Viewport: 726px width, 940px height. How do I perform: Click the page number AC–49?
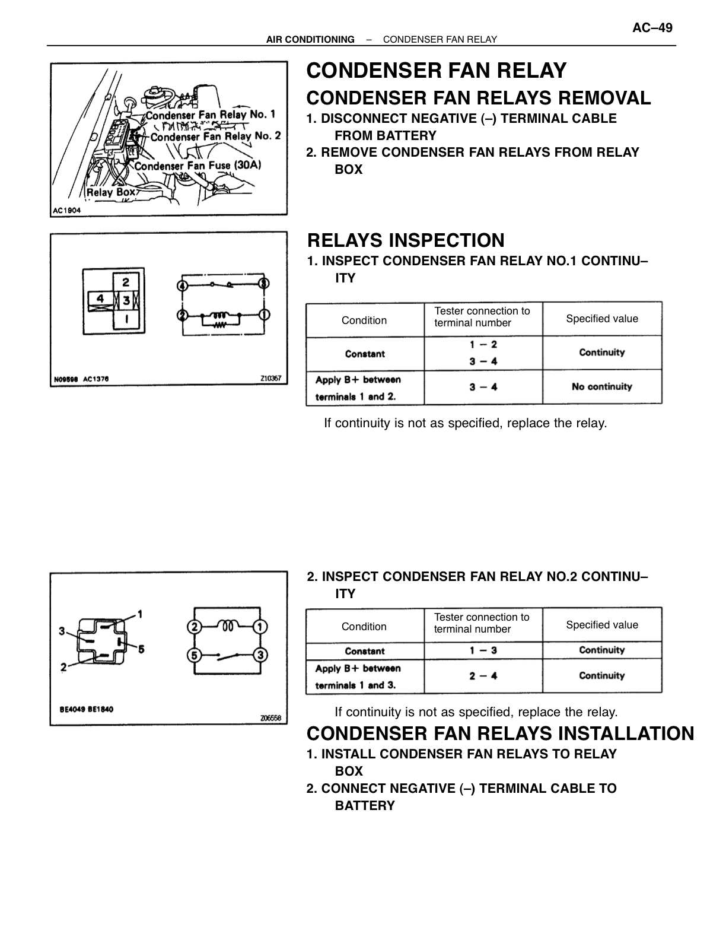[x=652, y=28]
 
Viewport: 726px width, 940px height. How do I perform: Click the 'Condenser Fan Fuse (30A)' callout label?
[x=198, y=166]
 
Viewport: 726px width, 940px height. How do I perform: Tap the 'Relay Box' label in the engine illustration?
[x=111, y=192]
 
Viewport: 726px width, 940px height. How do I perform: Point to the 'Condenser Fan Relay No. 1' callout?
[x=211, y=115]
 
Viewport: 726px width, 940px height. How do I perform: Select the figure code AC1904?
[x=66, y=211]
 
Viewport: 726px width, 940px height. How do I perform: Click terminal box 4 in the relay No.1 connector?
[x=100, y=299]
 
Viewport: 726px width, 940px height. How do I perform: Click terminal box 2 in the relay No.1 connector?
[x=126, y=282]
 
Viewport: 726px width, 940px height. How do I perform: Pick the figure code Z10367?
[x=270, y=379]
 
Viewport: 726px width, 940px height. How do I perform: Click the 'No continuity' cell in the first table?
[x=601, y=387]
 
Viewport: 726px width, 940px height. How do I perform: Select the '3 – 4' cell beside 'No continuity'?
[x=483, y=387]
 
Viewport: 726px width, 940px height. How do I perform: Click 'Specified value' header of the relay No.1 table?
[x=601, y=319]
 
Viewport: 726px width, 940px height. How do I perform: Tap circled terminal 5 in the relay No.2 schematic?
[x=194, y=655]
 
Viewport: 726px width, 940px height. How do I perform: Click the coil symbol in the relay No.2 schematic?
[x=228, y=625]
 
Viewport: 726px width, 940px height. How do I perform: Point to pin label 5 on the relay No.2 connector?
[x=141, y=649]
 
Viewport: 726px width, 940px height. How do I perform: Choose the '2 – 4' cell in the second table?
[x=483, y=675]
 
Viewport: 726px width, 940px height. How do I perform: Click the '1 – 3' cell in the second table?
[x=483, y=650]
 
